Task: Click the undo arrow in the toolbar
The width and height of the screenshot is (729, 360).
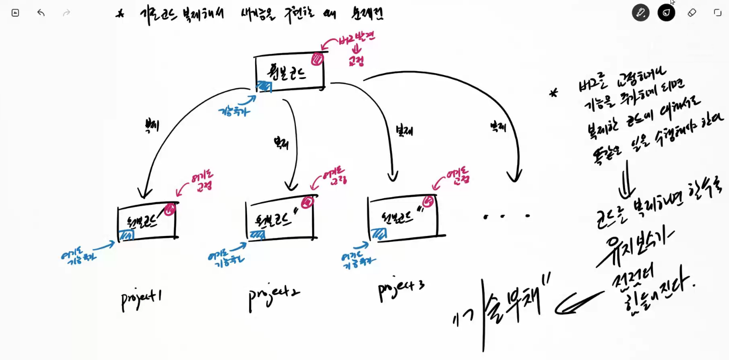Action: point(41,13)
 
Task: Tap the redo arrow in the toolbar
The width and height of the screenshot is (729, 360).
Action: point(66,13)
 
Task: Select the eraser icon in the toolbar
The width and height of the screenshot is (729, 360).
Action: point(692,13)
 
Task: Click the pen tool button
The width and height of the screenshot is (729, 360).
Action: point(640,13)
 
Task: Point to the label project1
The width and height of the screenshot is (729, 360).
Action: point(141,298)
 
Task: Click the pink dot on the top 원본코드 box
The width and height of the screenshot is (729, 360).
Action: point(317,59)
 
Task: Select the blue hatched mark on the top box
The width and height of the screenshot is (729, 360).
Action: point(264,86)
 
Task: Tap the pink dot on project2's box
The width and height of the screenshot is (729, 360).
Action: point(307,202)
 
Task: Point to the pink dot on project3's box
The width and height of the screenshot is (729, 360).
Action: point(428,201)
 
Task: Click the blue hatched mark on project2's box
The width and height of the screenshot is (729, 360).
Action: point(257,235)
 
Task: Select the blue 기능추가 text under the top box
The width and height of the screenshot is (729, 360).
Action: point(234,111)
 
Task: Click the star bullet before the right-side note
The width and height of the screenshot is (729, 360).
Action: point(554,93)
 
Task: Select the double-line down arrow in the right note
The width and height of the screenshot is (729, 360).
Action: point(628,179)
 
